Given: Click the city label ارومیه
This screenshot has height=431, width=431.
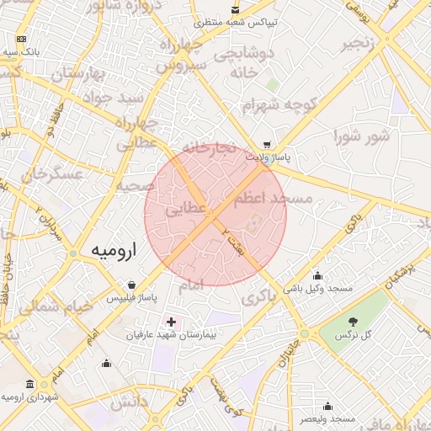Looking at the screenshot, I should point(113,252).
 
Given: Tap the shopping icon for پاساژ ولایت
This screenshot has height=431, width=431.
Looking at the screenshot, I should point(267,144).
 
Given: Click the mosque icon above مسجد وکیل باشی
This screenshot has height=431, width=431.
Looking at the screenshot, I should point(317,275).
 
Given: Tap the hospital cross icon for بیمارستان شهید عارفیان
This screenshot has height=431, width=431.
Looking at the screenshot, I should point(172,322).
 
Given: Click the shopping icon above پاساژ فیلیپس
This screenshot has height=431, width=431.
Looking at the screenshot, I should point(130,285).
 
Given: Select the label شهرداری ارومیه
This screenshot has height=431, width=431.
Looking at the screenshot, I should point(30,396).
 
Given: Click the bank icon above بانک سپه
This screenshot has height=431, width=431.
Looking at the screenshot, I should point(21,40).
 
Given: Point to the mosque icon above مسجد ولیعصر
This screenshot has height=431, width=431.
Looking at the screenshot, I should point(327,406).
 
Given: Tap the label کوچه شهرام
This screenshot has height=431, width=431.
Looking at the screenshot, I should point(271,107).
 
